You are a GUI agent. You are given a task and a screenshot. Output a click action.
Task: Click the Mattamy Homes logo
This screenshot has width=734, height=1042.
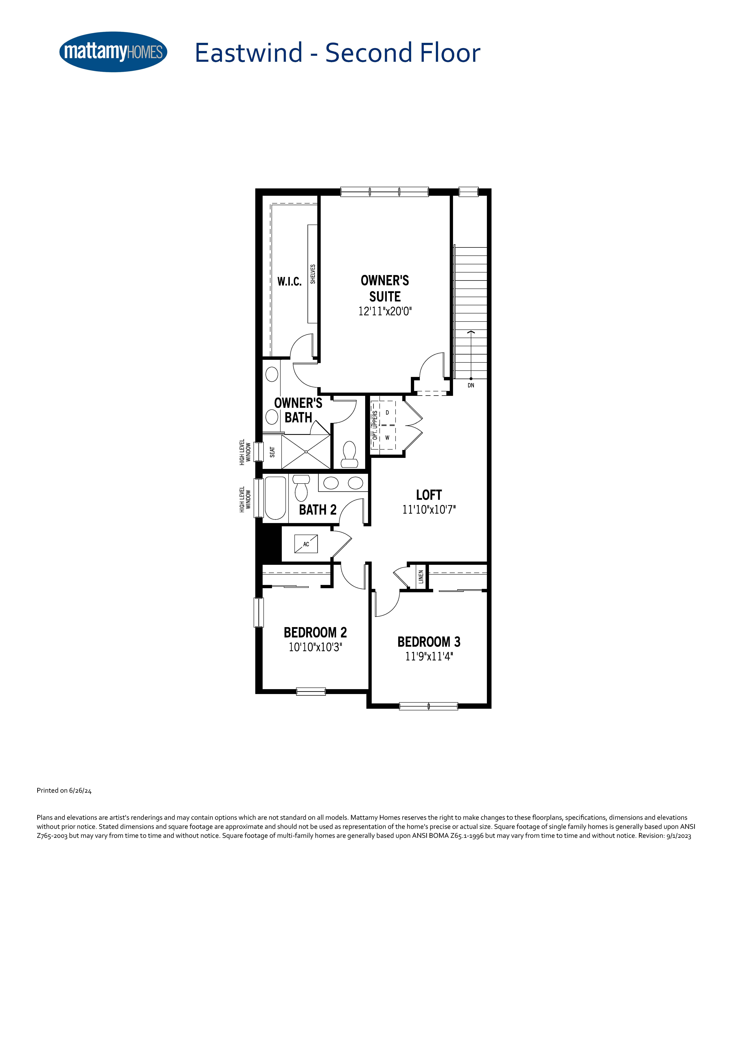(113, 52)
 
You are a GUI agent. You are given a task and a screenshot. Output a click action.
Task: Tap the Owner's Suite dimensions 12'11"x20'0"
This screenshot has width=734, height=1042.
(385, 311)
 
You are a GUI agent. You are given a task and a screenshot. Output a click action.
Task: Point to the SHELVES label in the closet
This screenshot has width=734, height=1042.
(313, 274)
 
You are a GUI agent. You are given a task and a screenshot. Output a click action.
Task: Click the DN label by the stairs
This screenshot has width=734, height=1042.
(471, 385)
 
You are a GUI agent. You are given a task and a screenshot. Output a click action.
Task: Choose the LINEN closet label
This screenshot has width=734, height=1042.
(421, 577)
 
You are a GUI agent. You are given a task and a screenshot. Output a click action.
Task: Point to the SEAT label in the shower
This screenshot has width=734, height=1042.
(272, 452)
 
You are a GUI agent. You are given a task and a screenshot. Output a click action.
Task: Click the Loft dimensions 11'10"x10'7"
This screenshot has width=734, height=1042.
(429, 510)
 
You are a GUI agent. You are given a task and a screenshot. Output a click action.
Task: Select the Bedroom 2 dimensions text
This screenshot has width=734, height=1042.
(315, 647)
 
